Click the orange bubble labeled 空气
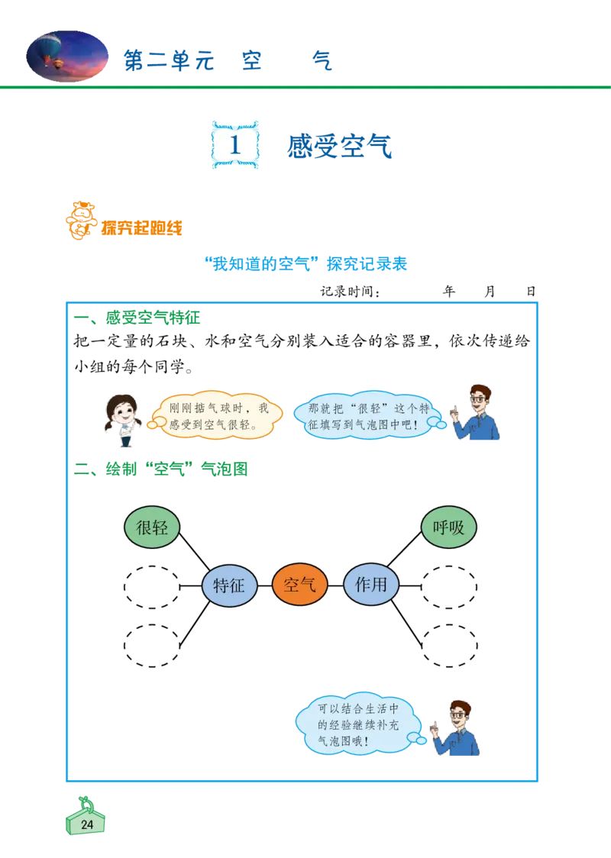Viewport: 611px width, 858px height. pos(299,585)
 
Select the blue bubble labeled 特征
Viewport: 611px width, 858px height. pos(229,585)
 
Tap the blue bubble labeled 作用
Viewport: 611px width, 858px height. pos(371,585)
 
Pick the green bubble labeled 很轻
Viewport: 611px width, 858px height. pos(152,527)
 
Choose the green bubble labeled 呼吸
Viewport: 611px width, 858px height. pos(449,527)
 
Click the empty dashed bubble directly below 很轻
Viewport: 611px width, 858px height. pos(152,587)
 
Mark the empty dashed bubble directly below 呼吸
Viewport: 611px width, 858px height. pos(449,587)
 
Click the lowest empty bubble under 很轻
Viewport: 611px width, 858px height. pos(152,646)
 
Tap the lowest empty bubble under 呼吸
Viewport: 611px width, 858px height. pos(449,646)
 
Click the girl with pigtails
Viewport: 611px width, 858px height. pos(123,420)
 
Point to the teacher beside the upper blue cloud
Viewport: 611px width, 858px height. pos(476,414)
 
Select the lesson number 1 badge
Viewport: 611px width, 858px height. pos(235,144)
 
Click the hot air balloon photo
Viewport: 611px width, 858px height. pos(67,56)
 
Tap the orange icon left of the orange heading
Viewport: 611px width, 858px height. pos(79,221)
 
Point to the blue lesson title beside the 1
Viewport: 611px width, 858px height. pos(341,147)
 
